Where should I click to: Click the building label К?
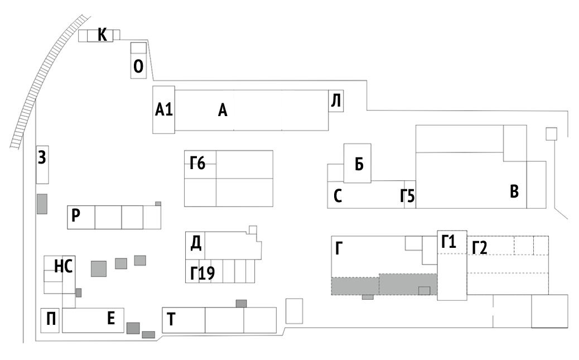click(102, 35)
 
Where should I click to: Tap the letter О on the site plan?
click(138, 66)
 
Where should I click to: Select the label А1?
click(163, 109)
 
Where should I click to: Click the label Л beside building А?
click(336, 100)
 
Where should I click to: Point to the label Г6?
click(197, 162)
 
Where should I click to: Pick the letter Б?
click(359, 164)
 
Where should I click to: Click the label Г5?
click(408, 196)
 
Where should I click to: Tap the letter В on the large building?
click(514, 191)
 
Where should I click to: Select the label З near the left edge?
click(42, 157)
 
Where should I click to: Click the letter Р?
click(75, 215)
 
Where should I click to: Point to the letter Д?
click(196, 243)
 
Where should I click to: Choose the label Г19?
click(202, 273)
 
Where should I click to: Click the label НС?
click(63, 266)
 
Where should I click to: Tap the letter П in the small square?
click(51, 319)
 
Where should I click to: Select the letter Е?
click(111, 318)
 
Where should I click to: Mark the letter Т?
click(171, 319)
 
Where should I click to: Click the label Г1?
click(448, 242)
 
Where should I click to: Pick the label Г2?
click(480, 248)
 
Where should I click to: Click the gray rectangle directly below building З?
click(42, 204)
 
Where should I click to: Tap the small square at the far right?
click(551, 134)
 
